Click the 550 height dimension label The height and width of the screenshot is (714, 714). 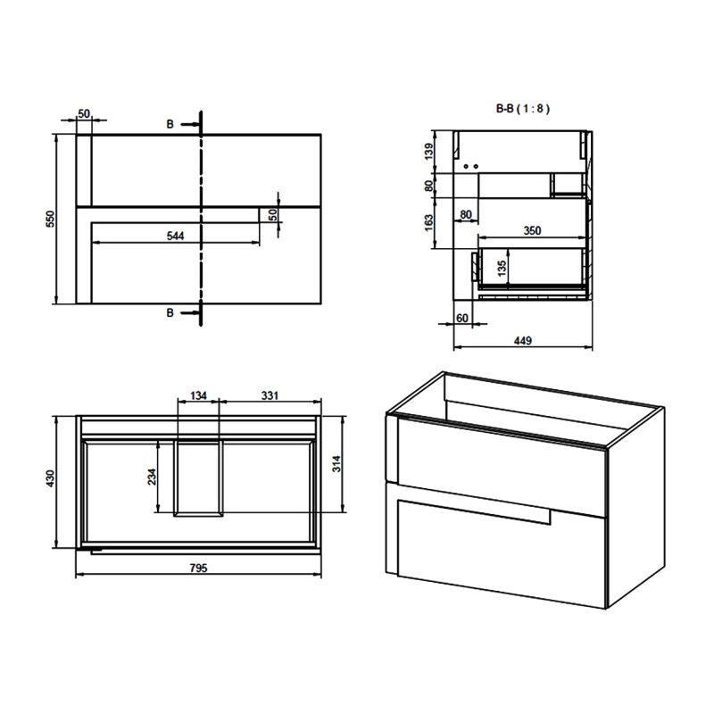[x=51, y=220]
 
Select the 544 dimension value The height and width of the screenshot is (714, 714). [x=175, y=236]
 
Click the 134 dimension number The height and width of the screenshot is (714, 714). [x=198, y=395]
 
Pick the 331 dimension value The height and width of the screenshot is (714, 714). [x=272, y=395]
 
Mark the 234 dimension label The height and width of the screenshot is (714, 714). [x=152, y=478]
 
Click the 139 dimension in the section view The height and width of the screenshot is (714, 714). [x=429, y=152]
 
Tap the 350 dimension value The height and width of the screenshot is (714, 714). [x=532, y=230]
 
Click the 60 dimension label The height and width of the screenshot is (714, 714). [x=462, y=318]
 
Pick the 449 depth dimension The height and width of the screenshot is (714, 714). [x=523, y=340]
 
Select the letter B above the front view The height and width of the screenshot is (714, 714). [x=170, y=124]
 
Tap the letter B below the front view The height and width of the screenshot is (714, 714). [x=170, y=312]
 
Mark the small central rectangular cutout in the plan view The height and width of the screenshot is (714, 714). [x=198, y=477]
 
